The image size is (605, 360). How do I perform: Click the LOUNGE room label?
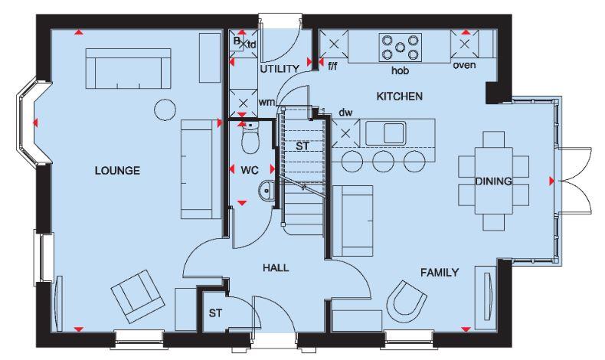[x=117, y=170]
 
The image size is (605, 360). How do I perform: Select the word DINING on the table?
[x=492, y=181]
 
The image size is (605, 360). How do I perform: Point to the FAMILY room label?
[x=439, y=272]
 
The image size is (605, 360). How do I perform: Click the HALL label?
[x=276, y=267]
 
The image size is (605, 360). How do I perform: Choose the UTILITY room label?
[x=278, y=69]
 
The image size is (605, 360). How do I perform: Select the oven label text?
[x=464, y=64]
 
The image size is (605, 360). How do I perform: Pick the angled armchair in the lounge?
[x=136, y=296]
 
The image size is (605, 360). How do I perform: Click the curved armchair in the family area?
[x=406, y=299]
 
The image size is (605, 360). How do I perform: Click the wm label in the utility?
[x=266, y=101]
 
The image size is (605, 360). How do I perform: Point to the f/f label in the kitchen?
[x=332, y=67]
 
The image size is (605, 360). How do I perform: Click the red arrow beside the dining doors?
[x=551, y=181]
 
